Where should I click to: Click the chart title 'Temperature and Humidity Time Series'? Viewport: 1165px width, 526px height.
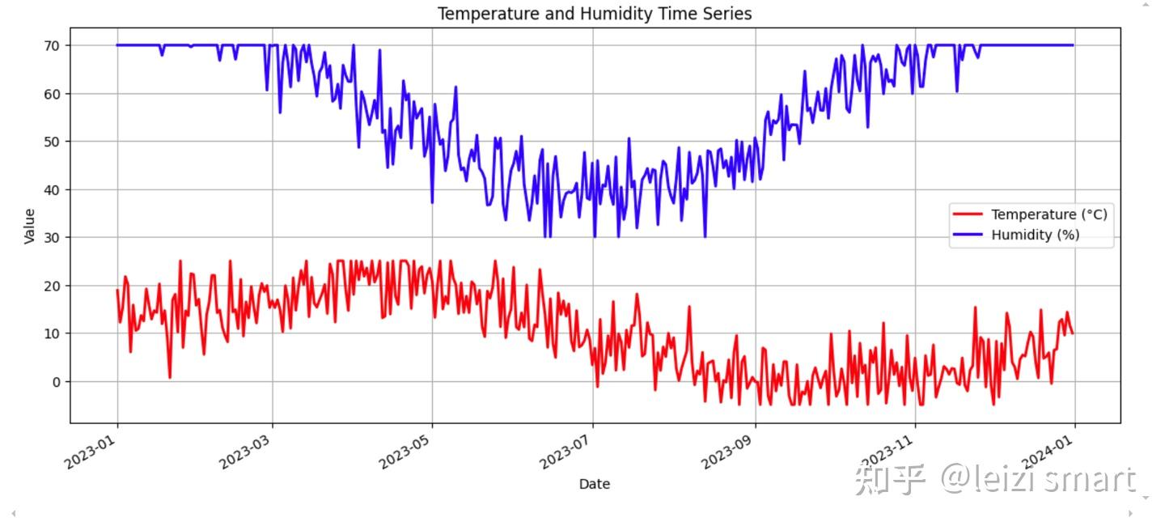click(x=595, y=14)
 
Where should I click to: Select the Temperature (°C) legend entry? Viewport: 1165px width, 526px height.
click(x=1048, y=214)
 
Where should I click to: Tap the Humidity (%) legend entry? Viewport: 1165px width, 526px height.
click(x=1035, y=235)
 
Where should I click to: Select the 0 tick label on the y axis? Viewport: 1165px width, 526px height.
click(x=57, y=382)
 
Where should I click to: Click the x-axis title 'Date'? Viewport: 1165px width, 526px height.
click(x=595, y=484)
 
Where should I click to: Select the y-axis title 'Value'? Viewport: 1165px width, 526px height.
click(x=30, y=226)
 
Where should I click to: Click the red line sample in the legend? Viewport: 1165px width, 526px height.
click(x=968, y=214)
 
